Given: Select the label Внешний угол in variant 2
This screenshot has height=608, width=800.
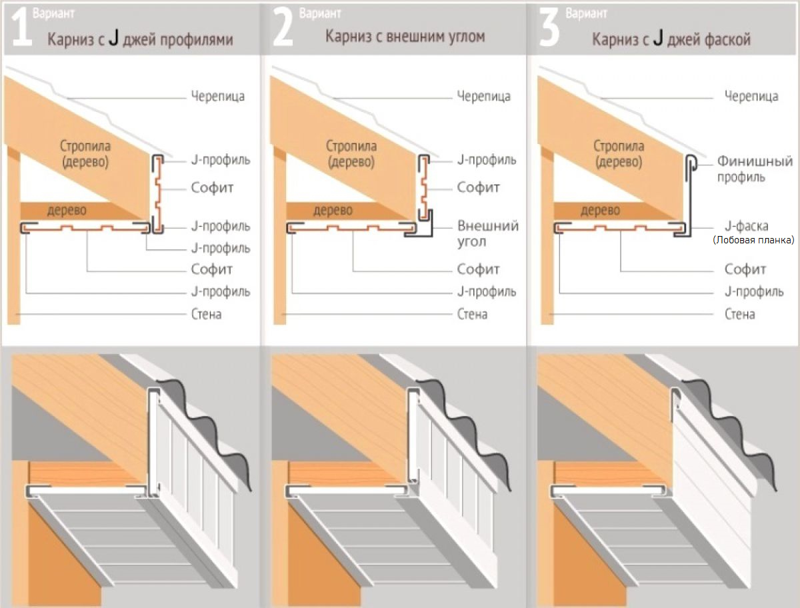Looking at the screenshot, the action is coord(487,233).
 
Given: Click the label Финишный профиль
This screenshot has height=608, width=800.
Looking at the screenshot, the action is coord(755,169).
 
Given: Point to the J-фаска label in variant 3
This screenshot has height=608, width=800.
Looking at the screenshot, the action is coord(747,226).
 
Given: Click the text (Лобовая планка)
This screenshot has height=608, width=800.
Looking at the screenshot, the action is coord(753,240).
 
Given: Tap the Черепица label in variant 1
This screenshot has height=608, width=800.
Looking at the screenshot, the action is coord(217,96).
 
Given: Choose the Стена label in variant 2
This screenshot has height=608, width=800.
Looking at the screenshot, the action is coord(472,314).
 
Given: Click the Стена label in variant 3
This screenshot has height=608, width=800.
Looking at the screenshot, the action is coord(739,314).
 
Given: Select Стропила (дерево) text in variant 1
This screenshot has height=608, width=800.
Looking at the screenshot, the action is coord(85,154).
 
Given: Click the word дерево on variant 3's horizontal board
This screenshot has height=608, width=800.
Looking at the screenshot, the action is coord(600,210).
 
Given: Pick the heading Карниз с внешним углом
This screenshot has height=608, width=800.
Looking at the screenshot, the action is coord(405,37).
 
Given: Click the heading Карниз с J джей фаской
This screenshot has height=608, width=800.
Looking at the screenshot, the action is coord(671,39).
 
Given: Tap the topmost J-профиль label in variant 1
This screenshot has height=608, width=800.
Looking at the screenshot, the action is coord(221,160).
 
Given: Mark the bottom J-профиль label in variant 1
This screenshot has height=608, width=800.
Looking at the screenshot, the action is coord(221,291).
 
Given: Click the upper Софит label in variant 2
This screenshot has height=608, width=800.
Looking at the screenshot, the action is coord(478,187).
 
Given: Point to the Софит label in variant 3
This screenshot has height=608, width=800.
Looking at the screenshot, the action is coord(745,269).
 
